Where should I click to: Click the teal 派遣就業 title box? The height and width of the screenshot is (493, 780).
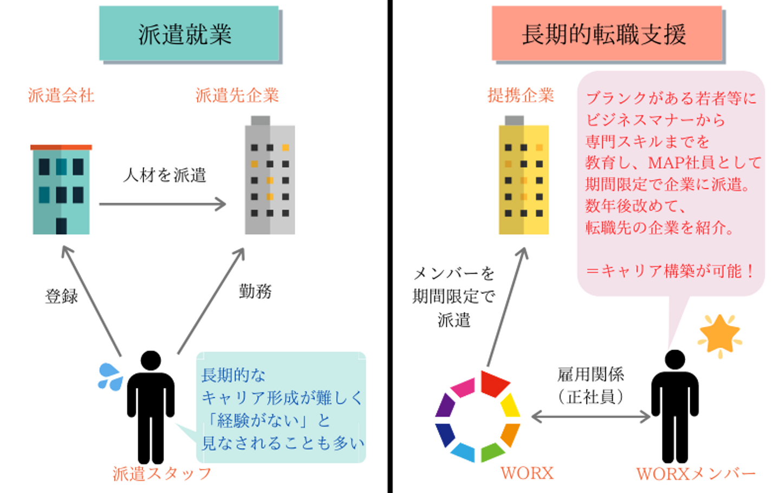point(188,34)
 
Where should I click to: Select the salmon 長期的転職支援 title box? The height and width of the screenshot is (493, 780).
point(606,34)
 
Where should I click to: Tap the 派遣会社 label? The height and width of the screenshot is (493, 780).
point(61,96)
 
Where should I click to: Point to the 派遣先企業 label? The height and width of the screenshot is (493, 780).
point(237,96)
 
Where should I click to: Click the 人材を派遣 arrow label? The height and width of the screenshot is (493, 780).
point(165,175)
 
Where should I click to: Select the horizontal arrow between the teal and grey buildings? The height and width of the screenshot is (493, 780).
point(162,204)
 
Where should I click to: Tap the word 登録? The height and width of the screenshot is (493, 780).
point(62,296)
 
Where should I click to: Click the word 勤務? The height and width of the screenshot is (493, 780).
point(255,291)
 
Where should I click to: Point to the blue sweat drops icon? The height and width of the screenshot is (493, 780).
point(110,377)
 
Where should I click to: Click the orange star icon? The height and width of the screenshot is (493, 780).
point(720,335)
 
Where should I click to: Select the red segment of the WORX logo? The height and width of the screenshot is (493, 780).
point(493,383)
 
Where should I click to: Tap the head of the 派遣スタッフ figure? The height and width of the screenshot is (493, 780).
point(151,360)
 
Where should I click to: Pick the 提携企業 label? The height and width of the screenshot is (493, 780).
point(521,96)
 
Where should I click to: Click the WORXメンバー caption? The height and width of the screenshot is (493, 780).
point(695,474)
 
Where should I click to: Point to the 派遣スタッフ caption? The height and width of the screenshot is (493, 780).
point(162,474)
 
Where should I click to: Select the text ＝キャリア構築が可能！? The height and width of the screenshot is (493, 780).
point(671,271)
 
